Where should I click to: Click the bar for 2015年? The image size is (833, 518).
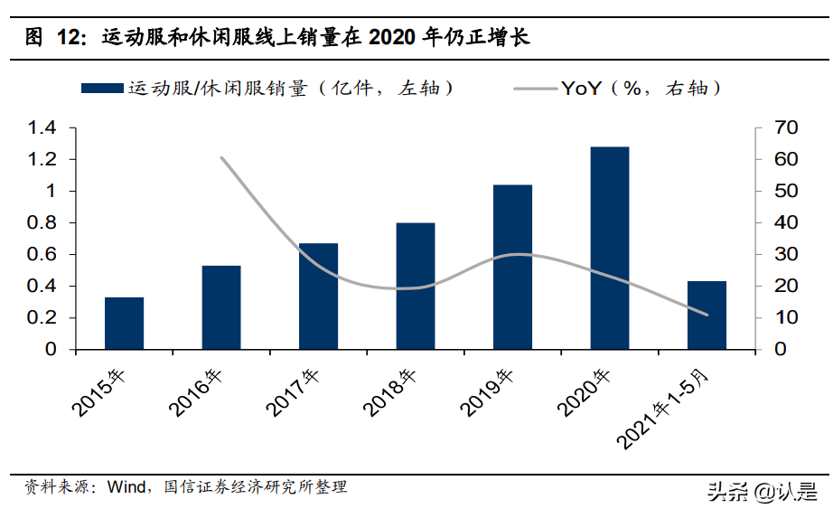click(x=124, y=323)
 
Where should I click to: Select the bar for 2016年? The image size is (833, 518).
click(x=221, y=307)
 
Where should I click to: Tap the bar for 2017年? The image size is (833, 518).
click(x=318, y=296)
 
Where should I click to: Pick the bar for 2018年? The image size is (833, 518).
click(x=416, y=286)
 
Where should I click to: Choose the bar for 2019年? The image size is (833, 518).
click(x=512, y=267)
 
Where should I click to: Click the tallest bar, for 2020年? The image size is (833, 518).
click(x=610, y=248)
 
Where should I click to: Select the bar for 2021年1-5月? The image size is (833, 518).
click(x=707, y=315)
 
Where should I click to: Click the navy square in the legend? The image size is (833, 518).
click(x=101, y=89)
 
